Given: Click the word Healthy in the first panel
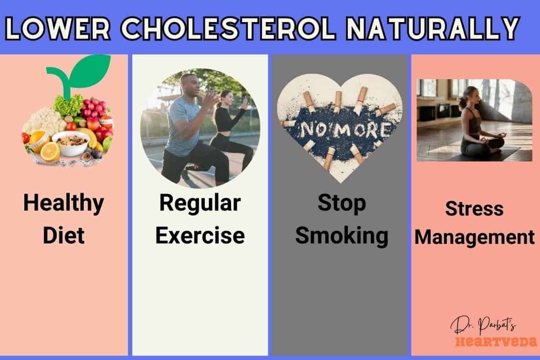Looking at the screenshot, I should [63, 203].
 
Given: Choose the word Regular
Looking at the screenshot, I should [200, 203].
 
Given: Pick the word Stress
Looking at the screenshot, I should [474, 209].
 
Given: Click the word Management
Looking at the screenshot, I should [474, 237].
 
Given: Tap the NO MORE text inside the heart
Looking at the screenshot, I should [340, 130].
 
